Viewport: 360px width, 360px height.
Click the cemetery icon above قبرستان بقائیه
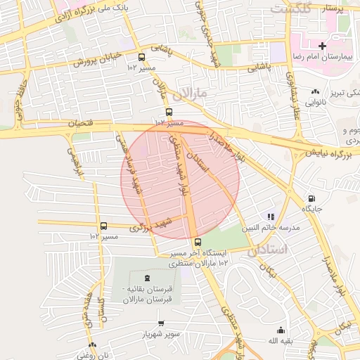146,278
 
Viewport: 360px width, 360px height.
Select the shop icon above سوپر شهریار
161,323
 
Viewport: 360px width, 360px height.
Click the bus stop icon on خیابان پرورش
142,57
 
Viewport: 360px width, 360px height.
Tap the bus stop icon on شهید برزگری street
104,226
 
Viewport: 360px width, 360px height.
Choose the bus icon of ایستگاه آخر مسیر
197,242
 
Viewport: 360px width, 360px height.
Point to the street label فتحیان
79,123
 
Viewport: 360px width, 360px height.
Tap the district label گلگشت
290,9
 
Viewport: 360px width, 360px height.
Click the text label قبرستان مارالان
148,300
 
